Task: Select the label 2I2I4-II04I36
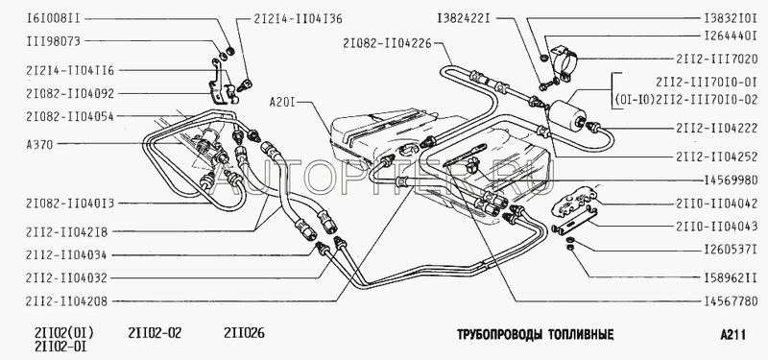coord(298,19)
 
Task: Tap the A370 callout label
coord(39,145)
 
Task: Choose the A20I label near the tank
coord(282,103)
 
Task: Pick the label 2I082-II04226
coord(388,43)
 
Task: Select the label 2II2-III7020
coord(717,60)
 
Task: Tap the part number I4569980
coord(731,180)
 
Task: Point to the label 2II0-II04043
coord(717,228)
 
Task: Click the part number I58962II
coord(731,277)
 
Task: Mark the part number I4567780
coord(731,301)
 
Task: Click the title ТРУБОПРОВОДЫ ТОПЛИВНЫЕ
coord(536,335)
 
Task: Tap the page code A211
coord(733,335)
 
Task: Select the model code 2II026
coord(245,333)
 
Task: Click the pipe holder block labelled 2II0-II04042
coord(574,203)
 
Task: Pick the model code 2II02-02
coord(155,333)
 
